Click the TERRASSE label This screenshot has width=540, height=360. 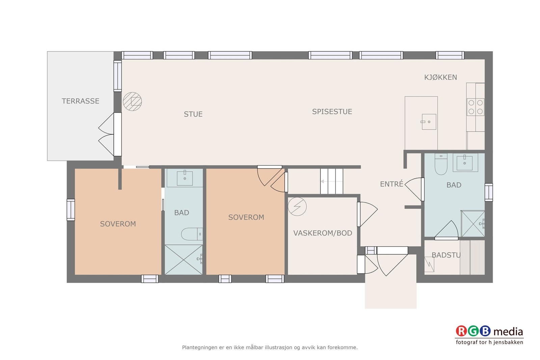tap(80, 101)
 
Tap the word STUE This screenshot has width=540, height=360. tap(193, 114)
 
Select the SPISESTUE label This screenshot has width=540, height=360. tap(332, 112)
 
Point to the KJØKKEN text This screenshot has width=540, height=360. tap(440, 77)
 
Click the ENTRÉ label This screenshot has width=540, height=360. tap(391, 184)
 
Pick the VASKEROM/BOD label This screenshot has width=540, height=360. tap(322, 233)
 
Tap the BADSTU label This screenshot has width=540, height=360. tap(446, 255)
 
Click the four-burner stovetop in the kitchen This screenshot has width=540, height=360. tap(476, 107)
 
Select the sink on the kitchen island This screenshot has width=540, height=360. tap(429, 122)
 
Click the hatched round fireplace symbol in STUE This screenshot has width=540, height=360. tap(132, 102)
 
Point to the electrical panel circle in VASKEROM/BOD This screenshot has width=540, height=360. tap(297, 206)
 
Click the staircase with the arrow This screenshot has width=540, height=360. tap(331, 182)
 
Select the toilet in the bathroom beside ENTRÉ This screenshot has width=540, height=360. tap(441, 164)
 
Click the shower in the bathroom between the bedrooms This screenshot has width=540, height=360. tap(184, 259)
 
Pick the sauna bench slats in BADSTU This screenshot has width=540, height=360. tap(472, 257)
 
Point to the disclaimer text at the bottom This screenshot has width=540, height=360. tap(270, 347)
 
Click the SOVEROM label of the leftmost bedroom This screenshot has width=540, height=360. tap(118, 224)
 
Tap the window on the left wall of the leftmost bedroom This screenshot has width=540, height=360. tap(71, 210)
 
